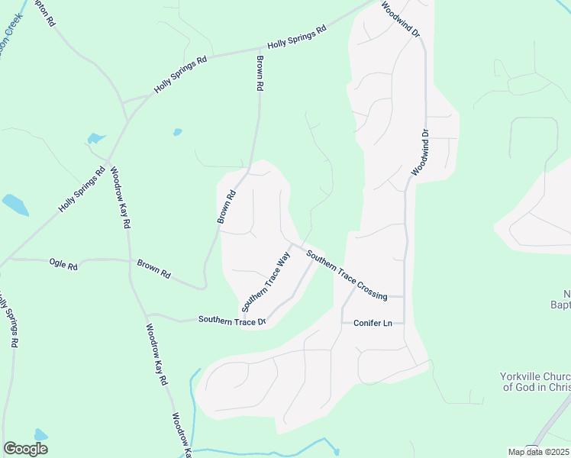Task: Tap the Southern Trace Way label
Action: [266, 282]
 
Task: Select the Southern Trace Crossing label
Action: [347, 274]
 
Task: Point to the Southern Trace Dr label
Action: [232, 321]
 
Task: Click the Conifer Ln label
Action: [373, 324]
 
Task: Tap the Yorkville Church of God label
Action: [534, 382]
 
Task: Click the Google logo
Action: [25, 449]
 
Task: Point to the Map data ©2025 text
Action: [537, 452]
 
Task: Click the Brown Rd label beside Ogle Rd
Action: [153, 269]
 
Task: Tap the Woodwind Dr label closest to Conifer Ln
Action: [421, 153]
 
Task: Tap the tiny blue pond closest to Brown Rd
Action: [177, 132]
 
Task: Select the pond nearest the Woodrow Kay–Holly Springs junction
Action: [95, 138]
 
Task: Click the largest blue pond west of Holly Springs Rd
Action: [15, 204]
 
